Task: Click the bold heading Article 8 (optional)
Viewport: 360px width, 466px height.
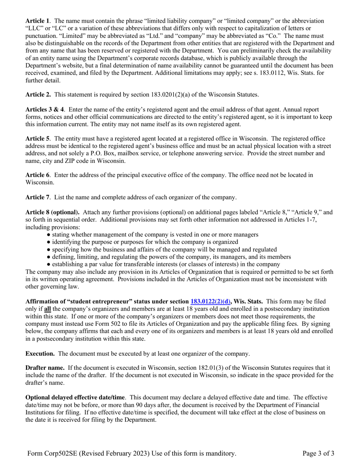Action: [x=52, y=212]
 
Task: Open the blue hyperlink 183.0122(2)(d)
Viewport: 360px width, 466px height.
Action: [x=211, y=302]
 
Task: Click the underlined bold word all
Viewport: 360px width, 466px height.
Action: [x=48, y=309]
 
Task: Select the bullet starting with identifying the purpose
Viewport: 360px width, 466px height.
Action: [x=145, y=242]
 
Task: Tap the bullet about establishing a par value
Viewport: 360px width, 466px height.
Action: [x=166, y=264]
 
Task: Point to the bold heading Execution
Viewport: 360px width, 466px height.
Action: [x=40, y=353]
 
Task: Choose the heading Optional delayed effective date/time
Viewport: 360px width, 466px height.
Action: [x=75, y=397]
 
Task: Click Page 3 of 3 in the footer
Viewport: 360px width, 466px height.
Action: [x=318, y=453]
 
